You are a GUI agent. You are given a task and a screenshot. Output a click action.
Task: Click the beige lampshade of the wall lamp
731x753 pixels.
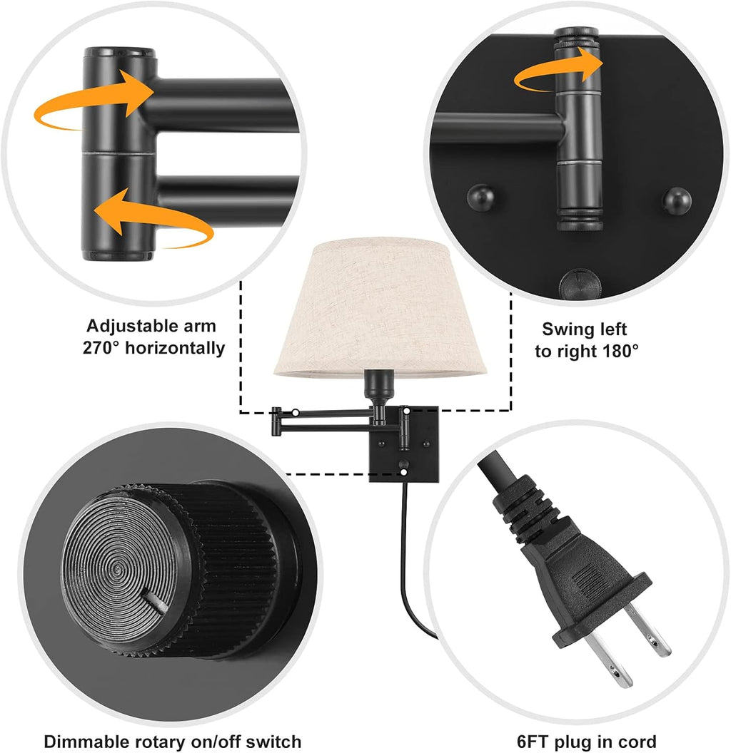pyautogui.click(x=380, y=307)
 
